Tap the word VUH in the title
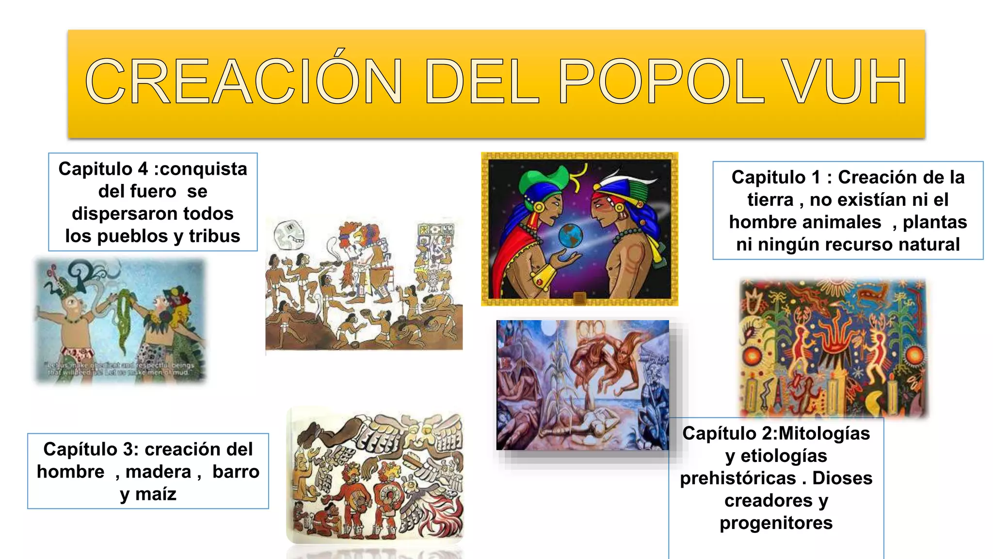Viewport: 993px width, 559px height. pos(845,82)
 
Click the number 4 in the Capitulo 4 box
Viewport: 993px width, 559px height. pos(143,169)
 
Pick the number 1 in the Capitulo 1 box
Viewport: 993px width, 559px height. pos(817,178)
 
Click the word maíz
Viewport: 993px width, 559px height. pos(156,494)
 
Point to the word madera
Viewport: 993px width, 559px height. pos(159,472)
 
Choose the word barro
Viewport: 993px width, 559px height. pos(236,472)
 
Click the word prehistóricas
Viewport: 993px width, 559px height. pos(737,478)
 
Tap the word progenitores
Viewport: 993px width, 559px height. pos(776,523)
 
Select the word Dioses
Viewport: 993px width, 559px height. pos(842,478)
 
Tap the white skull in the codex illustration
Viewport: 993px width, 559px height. pos(288,235)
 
